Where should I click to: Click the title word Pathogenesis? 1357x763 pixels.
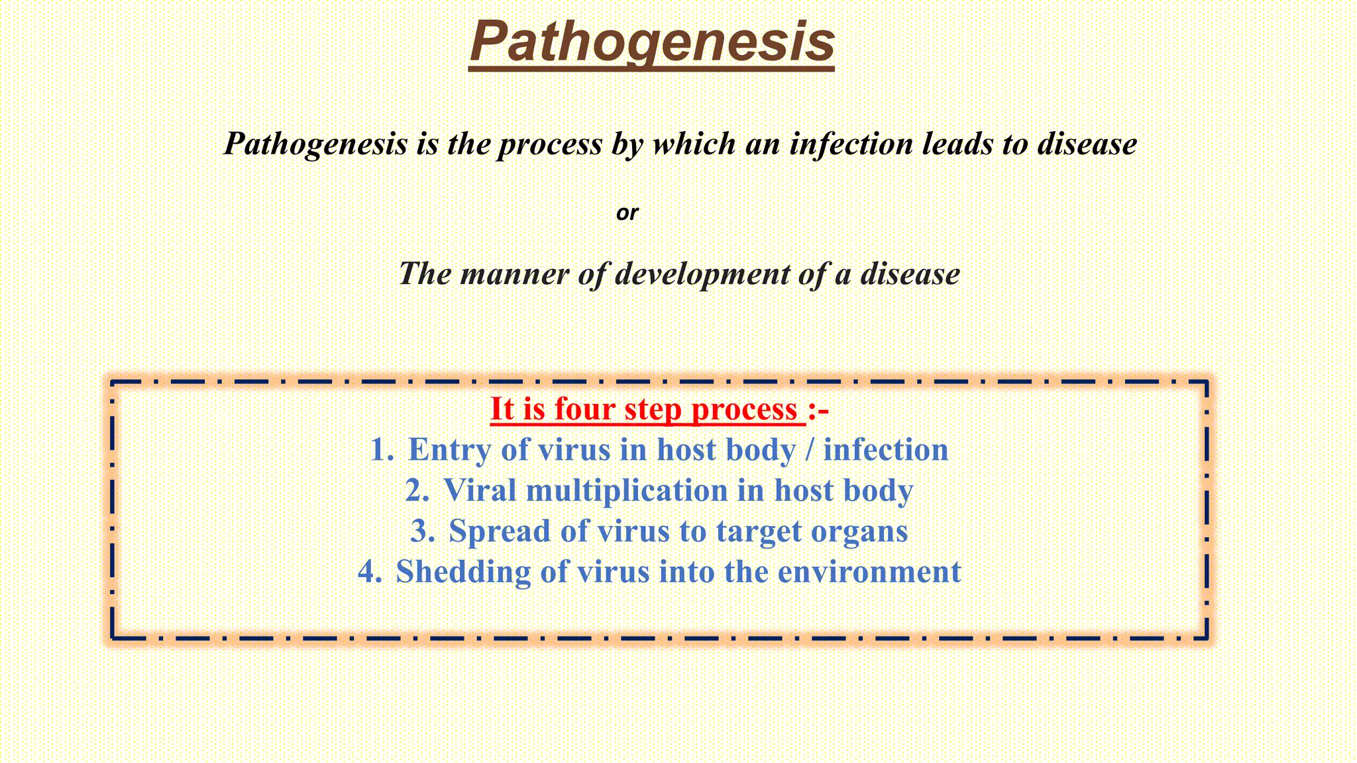[x=652, y=41]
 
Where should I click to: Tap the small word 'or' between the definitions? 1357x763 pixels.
[x=627, y=213]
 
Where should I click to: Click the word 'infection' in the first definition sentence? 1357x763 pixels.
[x=851, y=144]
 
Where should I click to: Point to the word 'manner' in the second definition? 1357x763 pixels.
[x=514, y=274]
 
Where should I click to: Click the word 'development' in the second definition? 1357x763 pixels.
[x=702, y=274]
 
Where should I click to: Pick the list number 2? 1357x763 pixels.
[x=417, y=491]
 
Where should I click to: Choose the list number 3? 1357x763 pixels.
[x=423, y=531]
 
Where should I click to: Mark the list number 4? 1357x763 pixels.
[x=370, y=572]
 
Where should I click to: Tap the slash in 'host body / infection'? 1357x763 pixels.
[x=808, y=450]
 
